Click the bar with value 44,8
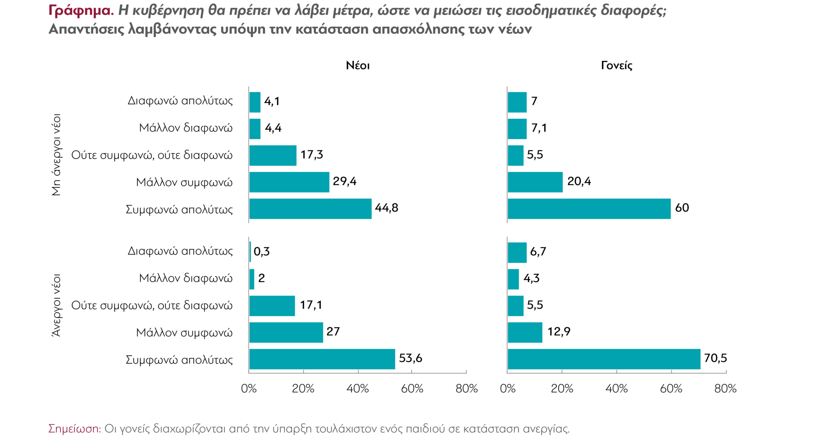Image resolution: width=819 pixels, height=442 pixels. pos(310,209)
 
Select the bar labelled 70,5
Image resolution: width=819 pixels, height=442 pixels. pos(604,359)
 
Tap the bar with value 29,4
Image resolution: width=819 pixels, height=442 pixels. pos(289,182)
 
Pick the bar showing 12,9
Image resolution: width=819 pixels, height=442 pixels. pos(525,332)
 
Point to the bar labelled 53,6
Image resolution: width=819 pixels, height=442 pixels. pos(322,359)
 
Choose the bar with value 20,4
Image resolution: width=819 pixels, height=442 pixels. pos(535,182)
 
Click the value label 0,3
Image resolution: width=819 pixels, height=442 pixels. pos(262,252)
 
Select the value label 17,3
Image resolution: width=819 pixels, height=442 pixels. pos(312,155)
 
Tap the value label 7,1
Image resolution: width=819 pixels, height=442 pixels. pos(539,128)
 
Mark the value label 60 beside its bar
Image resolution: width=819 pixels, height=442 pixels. pos(682,208)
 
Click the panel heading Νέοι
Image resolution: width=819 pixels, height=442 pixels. pos(358,66)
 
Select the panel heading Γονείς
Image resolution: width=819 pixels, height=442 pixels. pos(616,66)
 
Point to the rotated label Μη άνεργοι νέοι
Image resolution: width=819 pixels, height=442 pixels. pos(56,155)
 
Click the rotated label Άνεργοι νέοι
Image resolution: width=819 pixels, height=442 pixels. pos(56,305)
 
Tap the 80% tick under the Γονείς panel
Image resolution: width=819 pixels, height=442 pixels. pos(725,388)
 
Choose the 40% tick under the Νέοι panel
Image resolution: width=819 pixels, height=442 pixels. pos(358,388)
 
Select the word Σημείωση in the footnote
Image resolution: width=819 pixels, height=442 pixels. pos(74,429)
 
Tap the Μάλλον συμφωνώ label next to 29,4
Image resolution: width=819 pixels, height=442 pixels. pos(184,182)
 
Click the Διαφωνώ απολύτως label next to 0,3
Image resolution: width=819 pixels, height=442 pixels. pos(180,251)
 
